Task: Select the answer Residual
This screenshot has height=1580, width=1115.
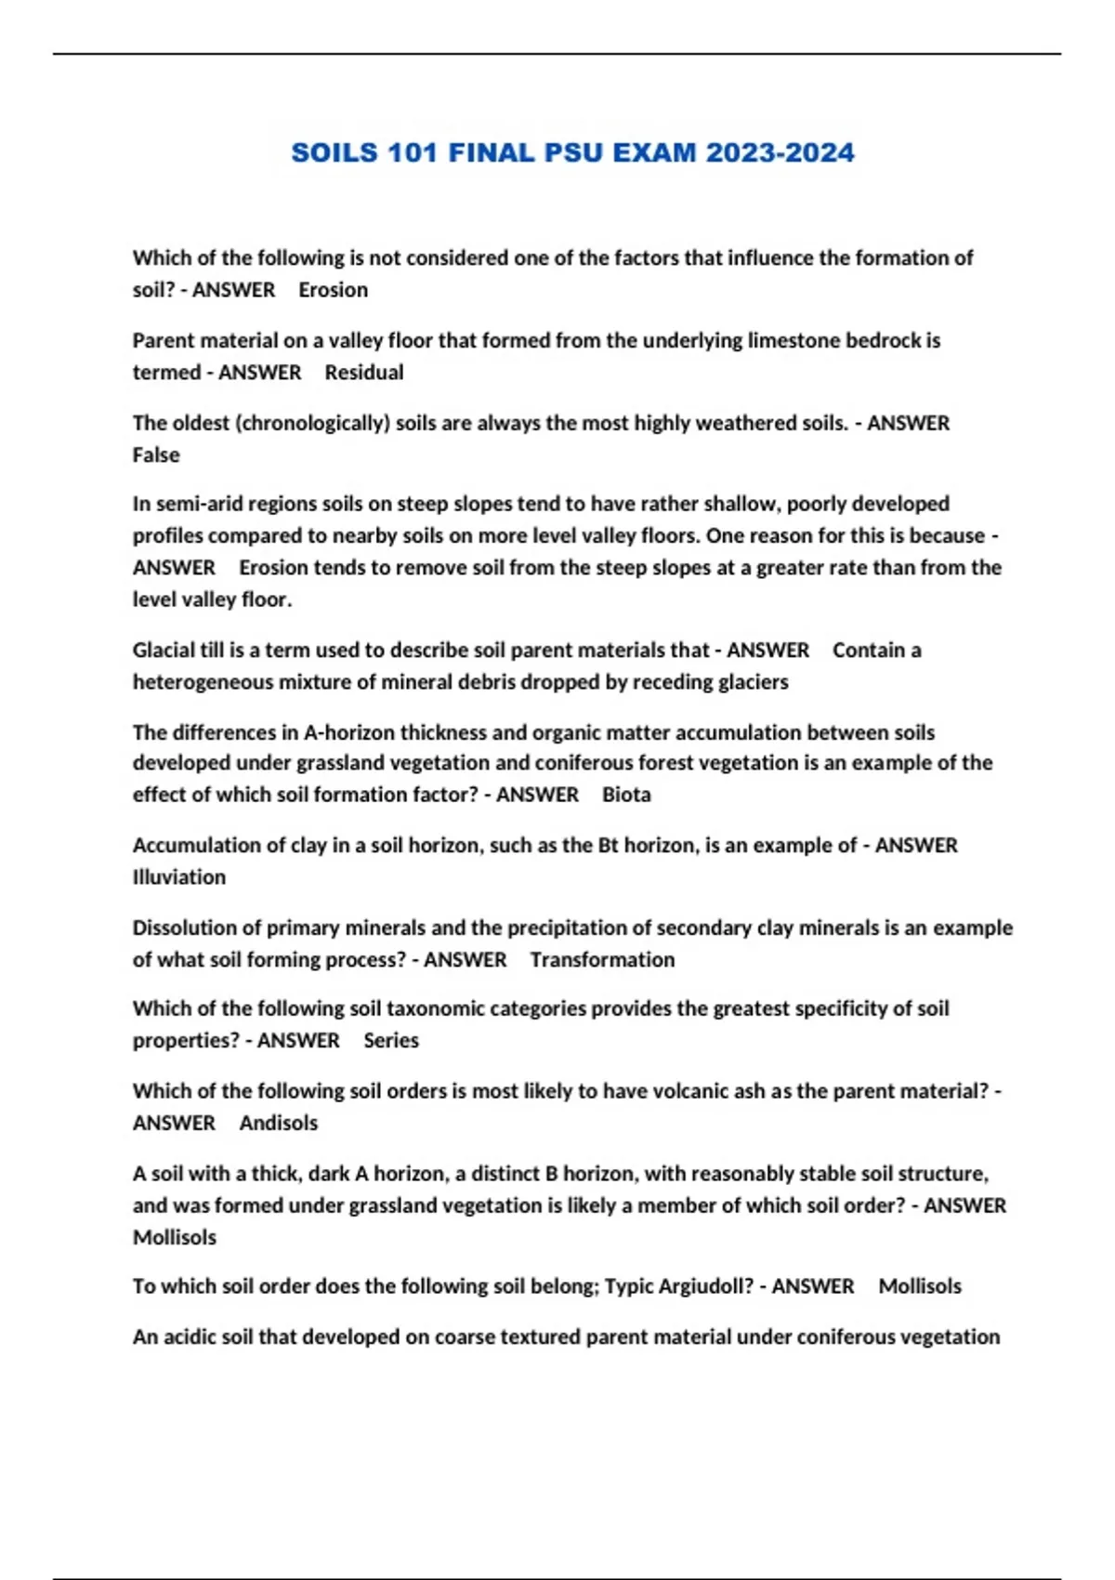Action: point(364,373)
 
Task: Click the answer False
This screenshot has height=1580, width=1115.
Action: point(156,455)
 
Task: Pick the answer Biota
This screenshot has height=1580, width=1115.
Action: point(626,795)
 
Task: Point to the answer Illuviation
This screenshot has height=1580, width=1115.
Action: point(179,877)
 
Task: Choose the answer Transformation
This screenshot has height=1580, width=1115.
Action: point(602,960)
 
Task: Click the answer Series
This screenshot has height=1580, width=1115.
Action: point(391,1041)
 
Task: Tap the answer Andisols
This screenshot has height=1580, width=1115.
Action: point(279,1124)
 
